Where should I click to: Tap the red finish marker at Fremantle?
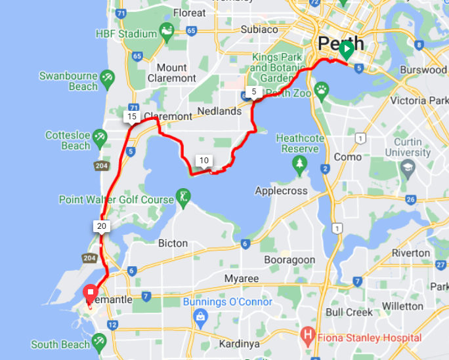90,292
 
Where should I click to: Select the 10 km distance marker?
204,161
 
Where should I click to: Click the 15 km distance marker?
132,117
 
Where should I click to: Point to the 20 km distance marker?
101,226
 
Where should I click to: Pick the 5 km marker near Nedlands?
254,92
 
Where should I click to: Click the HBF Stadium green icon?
167,32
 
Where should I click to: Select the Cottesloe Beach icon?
100,138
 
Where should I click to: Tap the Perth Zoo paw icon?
322,90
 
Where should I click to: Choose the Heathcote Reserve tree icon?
300,162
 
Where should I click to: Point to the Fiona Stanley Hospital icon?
307,338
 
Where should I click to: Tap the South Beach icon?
99,341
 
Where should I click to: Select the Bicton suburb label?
173,243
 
